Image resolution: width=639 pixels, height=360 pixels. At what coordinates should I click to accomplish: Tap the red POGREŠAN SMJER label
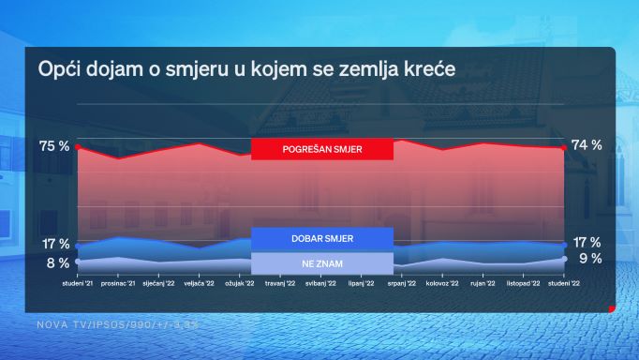pos(321,149)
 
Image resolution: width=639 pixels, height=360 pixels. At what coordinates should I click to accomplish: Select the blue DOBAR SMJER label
pos(321,239)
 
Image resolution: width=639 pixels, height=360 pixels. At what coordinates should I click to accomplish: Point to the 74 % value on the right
pos(587,145)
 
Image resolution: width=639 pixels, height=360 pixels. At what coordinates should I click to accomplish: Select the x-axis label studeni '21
pos(79,282)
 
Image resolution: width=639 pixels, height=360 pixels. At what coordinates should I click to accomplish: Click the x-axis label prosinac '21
pos(119,282)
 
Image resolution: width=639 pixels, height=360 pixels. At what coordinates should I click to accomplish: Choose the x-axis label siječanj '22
pos(159,282)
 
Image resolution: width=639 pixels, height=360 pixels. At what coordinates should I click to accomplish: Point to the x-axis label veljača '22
pos(200,282)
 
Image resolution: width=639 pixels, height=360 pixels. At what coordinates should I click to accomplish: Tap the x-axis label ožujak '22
pos(240,282)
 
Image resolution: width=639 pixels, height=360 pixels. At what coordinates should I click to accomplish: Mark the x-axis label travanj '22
pos(280,282)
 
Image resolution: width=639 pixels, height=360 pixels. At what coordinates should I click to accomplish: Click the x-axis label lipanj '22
pos(361,282)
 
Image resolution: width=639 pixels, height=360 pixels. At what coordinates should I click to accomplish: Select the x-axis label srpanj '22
pos(401,282)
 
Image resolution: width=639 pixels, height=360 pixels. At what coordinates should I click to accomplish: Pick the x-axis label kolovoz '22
pos(442,282)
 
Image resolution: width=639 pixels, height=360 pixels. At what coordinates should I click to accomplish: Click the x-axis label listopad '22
pos(523,282)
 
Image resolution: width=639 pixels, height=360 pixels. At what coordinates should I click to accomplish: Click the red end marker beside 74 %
pos(563,147)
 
